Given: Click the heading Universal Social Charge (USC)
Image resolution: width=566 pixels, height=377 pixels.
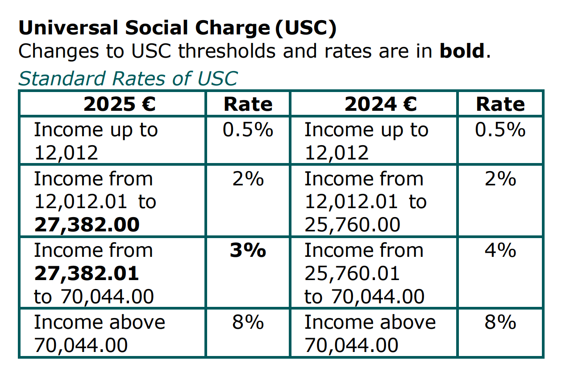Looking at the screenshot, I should click(177, 29).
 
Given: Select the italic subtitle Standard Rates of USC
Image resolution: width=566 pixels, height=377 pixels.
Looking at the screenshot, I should click(128, 78).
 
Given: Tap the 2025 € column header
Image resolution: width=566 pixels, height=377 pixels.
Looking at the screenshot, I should click(119, 104).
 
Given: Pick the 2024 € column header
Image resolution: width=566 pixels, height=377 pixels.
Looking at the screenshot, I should click(380, 104).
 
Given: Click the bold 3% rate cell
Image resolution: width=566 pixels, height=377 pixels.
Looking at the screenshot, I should click(248, 251).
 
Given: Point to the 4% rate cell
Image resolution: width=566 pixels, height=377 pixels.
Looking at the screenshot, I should click(500, 251).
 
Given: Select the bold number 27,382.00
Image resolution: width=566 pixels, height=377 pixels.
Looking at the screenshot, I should click(87, 224).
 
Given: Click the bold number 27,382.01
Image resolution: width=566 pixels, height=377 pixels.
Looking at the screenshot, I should click(87, 273).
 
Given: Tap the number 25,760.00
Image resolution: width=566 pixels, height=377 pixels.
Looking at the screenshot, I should click(352, 224).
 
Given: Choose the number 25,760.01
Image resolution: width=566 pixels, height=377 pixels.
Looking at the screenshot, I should click(352, 273).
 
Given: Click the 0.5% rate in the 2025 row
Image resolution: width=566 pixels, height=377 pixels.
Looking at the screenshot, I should click(248, 130).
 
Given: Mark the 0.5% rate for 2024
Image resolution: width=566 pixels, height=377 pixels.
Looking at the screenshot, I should click(500, 130).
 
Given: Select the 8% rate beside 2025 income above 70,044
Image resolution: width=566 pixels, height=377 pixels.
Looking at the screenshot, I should click(248, 322).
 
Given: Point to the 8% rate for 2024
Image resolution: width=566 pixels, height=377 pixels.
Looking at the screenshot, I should click(500, 322).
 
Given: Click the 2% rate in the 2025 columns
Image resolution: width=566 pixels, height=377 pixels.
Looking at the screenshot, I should click(248, 179).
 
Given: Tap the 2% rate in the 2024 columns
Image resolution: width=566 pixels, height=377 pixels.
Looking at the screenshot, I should click(500, 179).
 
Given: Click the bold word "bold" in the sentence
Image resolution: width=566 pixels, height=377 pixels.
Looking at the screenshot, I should click(462, 51).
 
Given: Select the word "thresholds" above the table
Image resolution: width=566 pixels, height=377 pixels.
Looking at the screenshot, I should click(228, 51).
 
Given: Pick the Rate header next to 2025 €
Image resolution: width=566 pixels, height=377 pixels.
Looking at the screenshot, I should click(248, 104).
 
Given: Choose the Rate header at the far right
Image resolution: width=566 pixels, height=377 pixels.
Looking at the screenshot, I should click(500, 104).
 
